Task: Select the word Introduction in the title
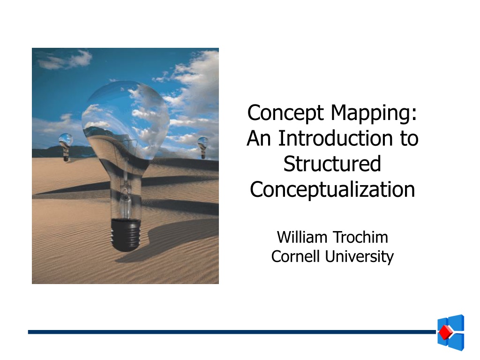[335, 138]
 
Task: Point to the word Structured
[332, 164]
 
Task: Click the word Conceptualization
[332, 190]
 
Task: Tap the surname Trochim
[360, 237]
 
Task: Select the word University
[360, 257]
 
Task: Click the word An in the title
[259, 139]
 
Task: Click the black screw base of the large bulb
[126, 234]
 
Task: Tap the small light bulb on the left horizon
[66, 147]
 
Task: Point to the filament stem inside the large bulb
[126, 190]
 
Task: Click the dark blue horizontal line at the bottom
[232, 332]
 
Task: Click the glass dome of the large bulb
[126, 122]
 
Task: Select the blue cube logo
[451, 332]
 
